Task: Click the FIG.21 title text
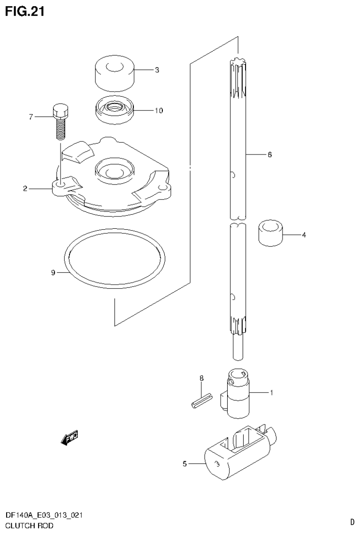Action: pyautogui.click(x=24, y=12)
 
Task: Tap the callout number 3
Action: pyautogui.click(x=157, y=70)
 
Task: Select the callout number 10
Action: pyautogui.click(x=159, y=111)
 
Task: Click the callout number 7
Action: pyautogui.click(x=31, y=117)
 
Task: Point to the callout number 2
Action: pyautogui.click(x=25, y=189)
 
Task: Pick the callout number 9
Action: pyautogui.click(x=53, y=272)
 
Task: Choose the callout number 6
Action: pyautogui.click(x=269, y=154)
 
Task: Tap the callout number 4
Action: pyautogui.click(x=303, y=235)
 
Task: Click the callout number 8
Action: pyautogui.click(x=201, y=378)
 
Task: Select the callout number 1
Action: pyautogui.click(x=271, y=392)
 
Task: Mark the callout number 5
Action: pyautogui.click(x=184, y=464)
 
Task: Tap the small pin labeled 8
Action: pyautogui.click(x=200, y=402)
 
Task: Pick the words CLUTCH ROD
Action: pyautogui.click(x=29, y=526)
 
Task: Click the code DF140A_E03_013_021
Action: pyautogui.click(x=45, y=516)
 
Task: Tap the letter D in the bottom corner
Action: pyautogui.click(x=352, y=521)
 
